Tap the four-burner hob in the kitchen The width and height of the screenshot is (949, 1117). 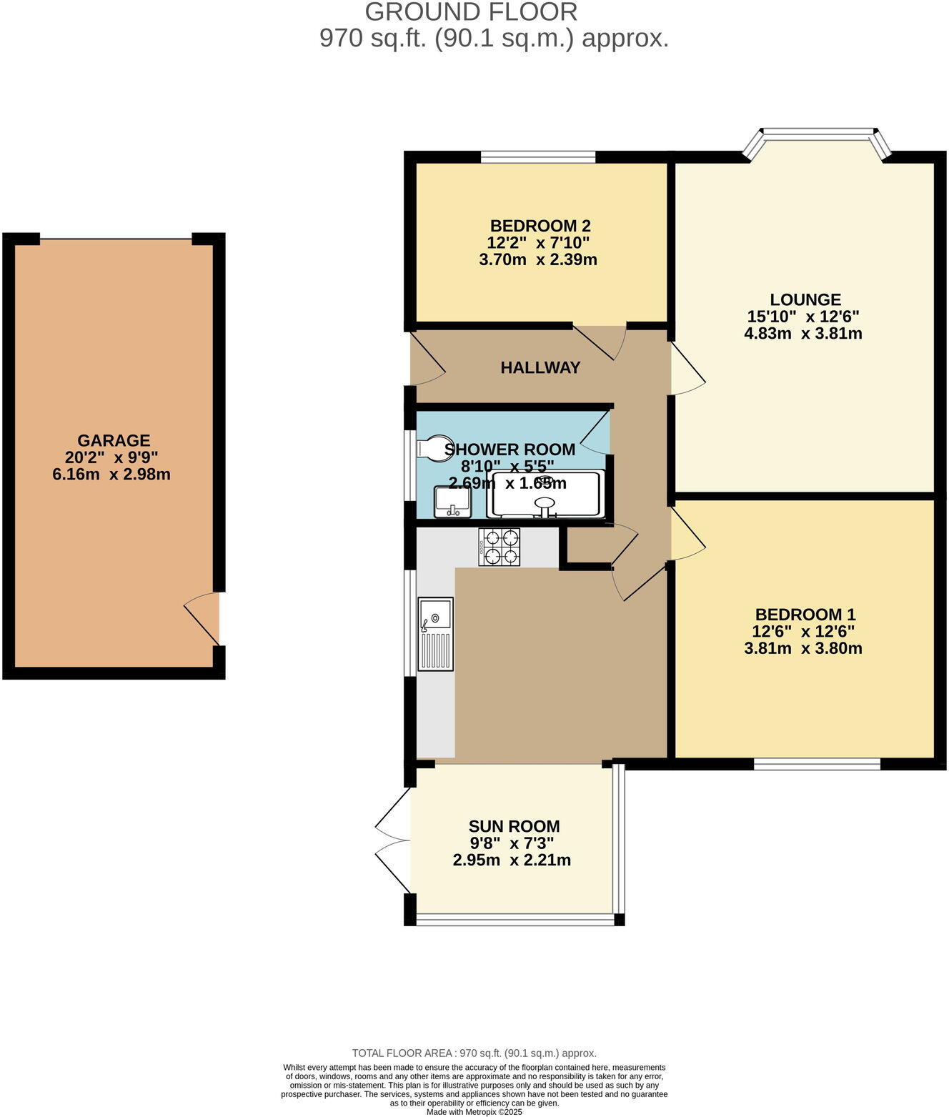tap(500, 547)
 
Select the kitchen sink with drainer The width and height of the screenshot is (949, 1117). tap(435, 634)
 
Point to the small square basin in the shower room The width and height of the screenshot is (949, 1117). tap(452, 502)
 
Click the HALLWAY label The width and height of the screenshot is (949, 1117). tap(540, 368)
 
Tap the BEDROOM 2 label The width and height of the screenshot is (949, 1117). tap(540, 226)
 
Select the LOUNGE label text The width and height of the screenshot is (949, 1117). tap(805, 300)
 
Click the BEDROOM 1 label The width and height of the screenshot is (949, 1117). tap(805, 615)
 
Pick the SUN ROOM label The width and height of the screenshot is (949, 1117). tap(514, 827)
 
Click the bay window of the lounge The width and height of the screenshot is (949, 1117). tap(817, 134)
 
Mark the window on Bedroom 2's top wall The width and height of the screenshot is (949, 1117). tap(538, 157)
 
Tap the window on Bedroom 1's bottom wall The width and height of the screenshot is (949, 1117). tap(817, 764)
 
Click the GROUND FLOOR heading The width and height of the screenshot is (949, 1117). tap(471, 12)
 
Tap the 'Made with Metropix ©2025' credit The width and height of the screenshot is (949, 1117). tap(474, 1112)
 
